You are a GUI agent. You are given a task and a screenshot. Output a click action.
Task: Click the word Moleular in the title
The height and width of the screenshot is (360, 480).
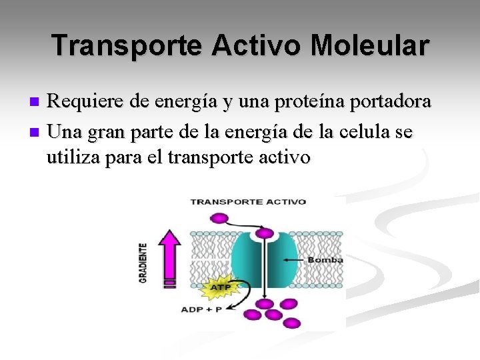point(370,45)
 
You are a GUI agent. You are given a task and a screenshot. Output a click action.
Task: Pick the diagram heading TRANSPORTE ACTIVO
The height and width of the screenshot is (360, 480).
point(248,201)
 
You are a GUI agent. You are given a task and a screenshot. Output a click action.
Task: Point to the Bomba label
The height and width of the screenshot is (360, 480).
point(325,260)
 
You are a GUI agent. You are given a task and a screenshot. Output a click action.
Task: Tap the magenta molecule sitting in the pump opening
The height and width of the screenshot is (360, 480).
point(265,233)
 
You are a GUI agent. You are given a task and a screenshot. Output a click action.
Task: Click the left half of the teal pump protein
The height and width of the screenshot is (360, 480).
point(248,260)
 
